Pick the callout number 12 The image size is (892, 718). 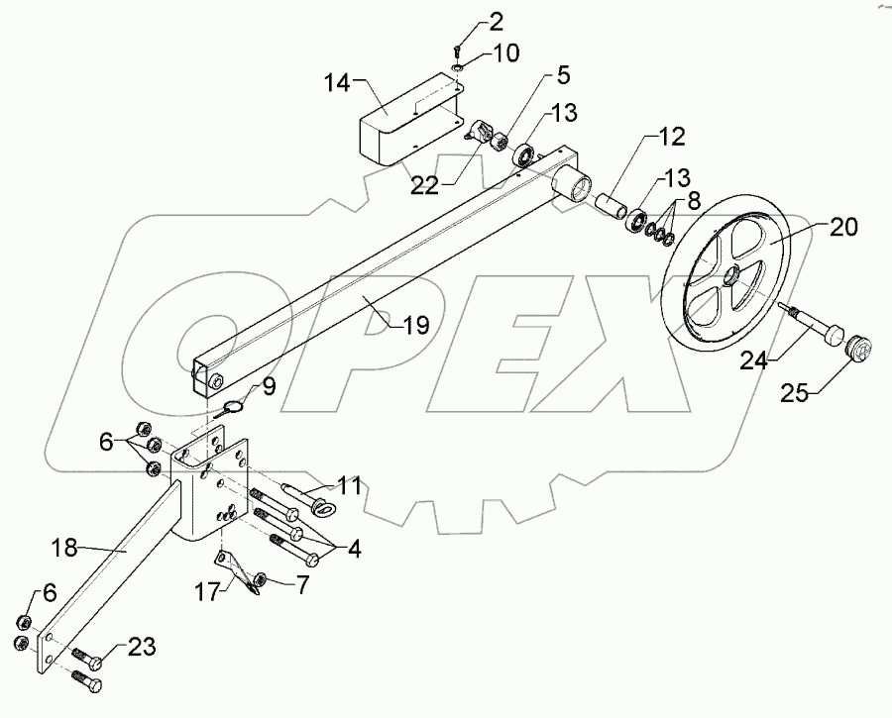(x=669, y=136)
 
